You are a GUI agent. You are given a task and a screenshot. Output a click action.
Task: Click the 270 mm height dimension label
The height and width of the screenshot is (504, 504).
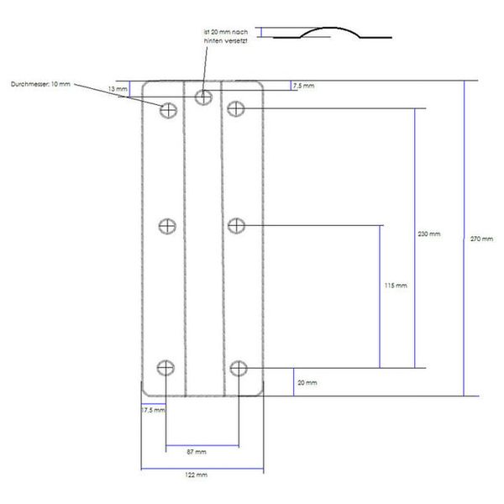click(482, 239)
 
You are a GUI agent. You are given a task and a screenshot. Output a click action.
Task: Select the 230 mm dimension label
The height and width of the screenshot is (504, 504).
click(429, 234)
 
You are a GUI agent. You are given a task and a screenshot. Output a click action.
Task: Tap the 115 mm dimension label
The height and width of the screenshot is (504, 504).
click(394, 286)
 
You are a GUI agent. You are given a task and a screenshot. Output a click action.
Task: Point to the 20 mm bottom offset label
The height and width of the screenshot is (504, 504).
click(307, 382)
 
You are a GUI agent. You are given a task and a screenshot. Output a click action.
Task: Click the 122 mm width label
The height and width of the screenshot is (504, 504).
click(196, 475)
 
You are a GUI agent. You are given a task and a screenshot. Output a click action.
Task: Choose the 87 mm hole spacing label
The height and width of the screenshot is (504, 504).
click(196, 452)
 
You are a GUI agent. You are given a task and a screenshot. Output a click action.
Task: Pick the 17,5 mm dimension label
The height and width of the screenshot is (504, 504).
click(153, 410)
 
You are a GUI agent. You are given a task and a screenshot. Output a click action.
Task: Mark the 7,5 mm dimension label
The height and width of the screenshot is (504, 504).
click(303, 86)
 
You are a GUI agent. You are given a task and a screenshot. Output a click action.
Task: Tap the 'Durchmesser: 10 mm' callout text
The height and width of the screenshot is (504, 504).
click(40, 84)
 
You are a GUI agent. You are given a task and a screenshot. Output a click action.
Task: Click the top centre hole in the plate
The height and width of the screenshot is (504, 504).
click(203, 97)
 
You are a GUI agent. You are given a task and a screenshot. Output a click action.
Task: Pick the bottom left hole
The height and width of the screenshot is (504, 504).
click(168, 367)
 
